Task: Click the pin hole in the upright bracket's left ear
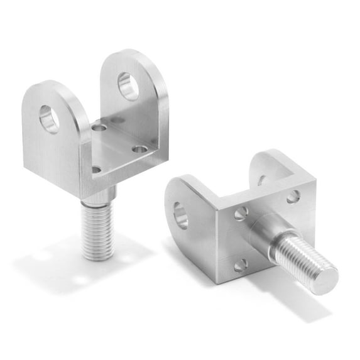[49, 118]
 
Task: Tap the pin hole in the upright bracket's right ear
[128, 86]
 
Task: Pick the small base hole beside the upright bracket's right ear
[140, 150]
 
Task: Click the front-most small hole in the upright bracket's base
[96, 169]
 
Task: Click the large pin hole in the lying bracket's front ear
[181, 215]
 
